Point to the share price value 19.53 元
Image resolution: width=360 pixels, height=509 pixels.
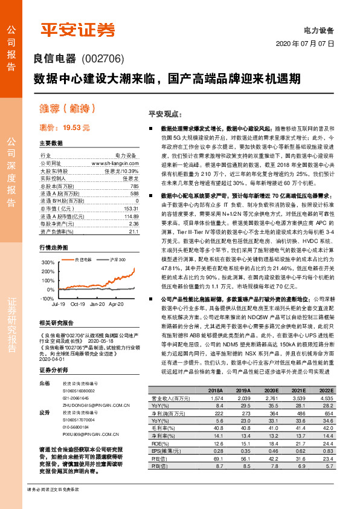(76, 128)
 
